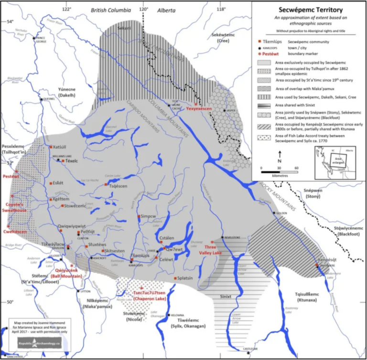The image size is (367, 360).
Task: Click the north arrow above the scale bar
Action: [x=280, y=156]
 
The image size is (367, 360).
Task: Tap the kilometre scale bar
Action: [x=279, y=169]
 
